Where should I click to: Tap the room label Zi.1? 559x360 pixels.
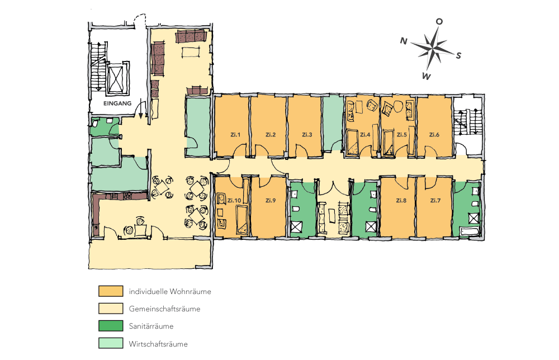235,135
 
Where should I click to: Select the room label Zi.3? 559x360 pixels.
307,135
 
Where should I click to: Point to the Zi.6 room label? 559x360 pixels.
434,135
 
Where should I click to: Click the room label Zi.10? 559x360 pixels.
234,200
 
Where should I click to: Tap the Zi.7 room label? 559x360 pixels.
436,200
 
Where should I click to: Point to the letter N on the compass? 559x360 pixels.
403,40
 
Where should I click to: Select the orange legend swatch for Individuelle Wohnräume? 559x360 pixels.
110,291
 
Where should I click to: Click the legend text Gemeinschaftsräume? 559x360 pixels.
164,309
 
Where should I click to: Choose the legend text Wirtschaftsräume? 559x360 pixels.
158,344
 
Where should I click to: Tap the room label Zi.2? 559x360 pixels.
271,135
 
